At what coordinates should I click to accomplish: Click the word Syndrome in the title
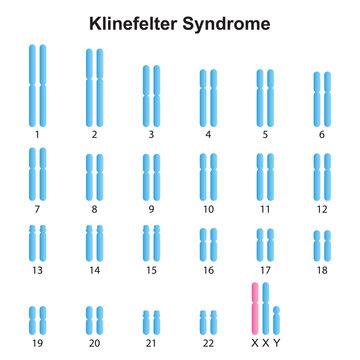click(x=234, y=20)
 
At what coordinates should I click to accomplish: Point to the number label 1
click(x=37, y=134)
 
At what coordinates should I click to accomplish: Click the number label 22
click(x=208, y=341)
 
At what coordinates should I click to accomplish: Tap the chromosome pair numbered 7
click(x=37, y=171)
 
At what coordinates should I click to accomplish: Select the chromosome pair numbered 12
click(x=322, y=174)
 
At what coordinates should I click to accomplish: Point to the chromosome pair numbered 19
click(x=37, y=320)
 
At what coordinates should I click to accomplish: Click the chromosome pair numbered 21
click(x=151, y=322)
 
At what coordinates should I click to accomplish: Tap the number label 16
click(x=208, y=270)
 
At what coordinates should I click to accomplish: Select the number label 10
click(x=208, y=210)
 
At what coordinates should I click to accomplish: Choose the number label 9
click(x=151, y=210)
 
